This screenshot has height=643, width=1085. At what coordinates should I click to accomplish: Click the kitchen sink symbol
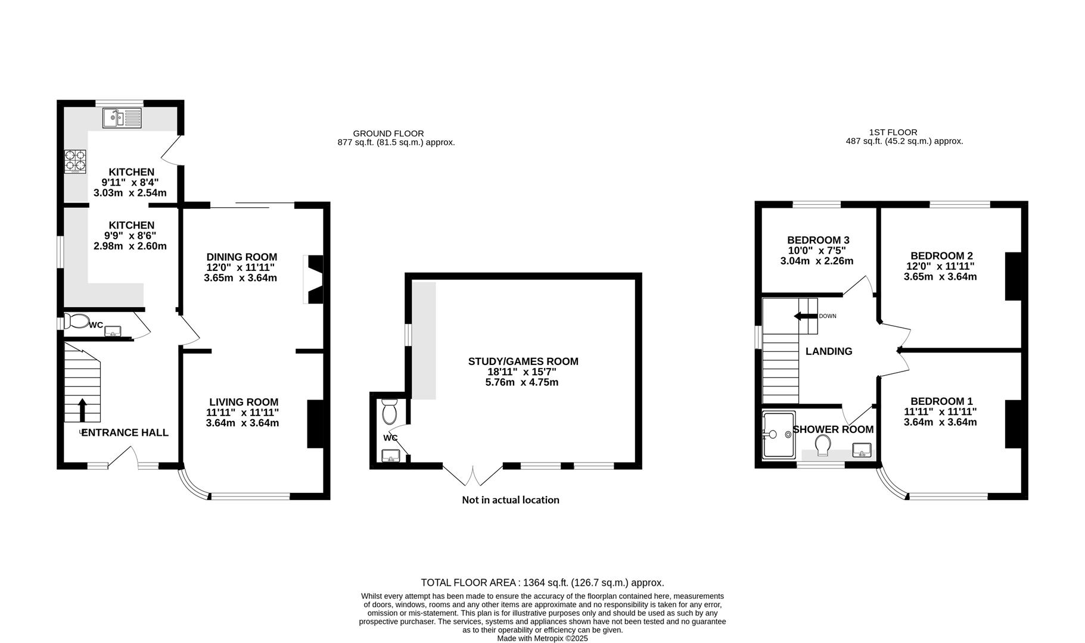122,118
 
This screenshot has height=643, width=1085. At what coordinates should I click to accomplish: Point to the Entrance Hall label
125,433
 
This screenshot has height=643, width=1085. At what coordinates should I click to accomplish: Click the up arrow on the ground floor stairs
82,410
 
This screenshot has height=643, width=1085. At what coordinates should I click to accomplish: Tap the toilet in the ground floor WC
76,321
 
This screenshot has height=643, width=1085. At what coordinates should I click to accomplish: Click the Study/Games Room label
523,361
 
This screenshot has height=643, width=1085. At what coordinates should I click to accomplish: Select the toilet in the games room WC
390,410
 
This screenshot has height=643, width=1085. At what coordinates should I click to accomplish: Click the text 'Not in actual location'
511,500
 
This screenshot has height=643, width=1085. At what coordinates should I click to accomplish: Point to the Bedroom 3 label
818,241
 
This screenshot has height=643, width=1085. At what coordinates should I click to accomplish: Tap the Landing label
829,352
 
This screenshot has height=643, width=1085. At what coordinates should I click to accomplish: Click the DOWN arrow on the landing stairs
805,316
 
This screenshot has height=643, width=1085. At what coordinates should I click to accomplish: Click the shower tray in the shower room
779,435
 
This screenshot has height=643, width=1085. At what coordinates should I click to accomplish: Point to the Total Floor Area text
542,583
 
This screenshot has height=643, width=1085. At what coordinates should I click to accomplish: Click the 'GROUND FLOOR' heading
388,133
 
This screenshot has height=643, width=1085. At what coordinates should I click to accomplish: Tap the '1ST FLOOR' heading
893,132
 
